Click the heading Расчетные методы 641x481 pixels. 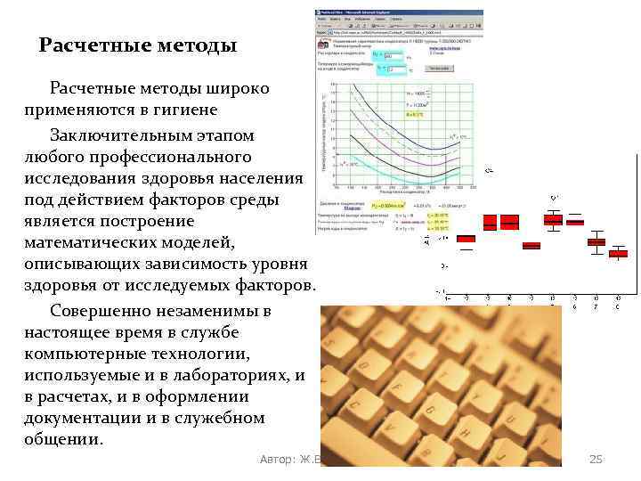(138, 45)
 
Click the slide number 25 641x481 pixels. (596, 459)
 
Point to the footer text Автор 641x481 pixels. (279, 459)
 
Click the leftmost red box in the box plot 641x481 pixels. (466, 239)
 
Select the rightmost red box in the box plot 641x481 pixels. (618, 254)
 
